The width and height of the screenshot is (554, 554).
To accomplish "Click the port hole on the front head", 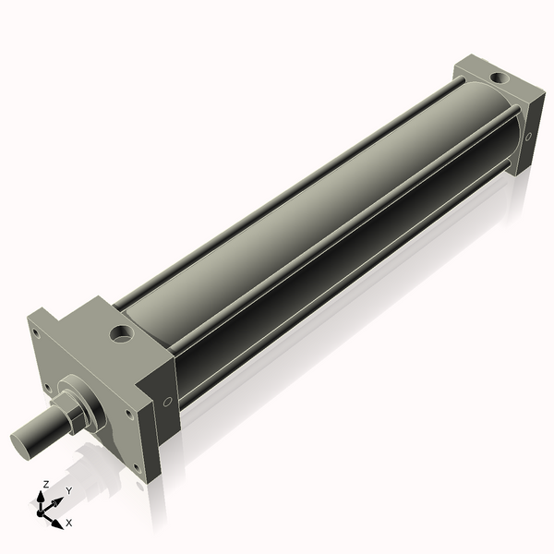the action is point(122,333).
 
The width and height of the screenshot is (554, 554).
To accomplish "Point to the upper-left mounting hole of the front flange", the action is point(35,332).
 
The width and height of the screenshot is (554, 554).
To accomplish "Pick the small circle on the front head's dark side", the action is point(167,402).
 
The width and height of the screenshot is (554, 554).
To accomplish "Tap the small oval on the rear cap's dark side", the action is point(528,137).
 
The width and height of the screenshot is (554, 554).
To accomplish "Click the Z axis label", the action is point(45,484).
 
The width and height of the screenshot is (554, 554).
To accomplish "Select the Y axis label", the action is point(69,490).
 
